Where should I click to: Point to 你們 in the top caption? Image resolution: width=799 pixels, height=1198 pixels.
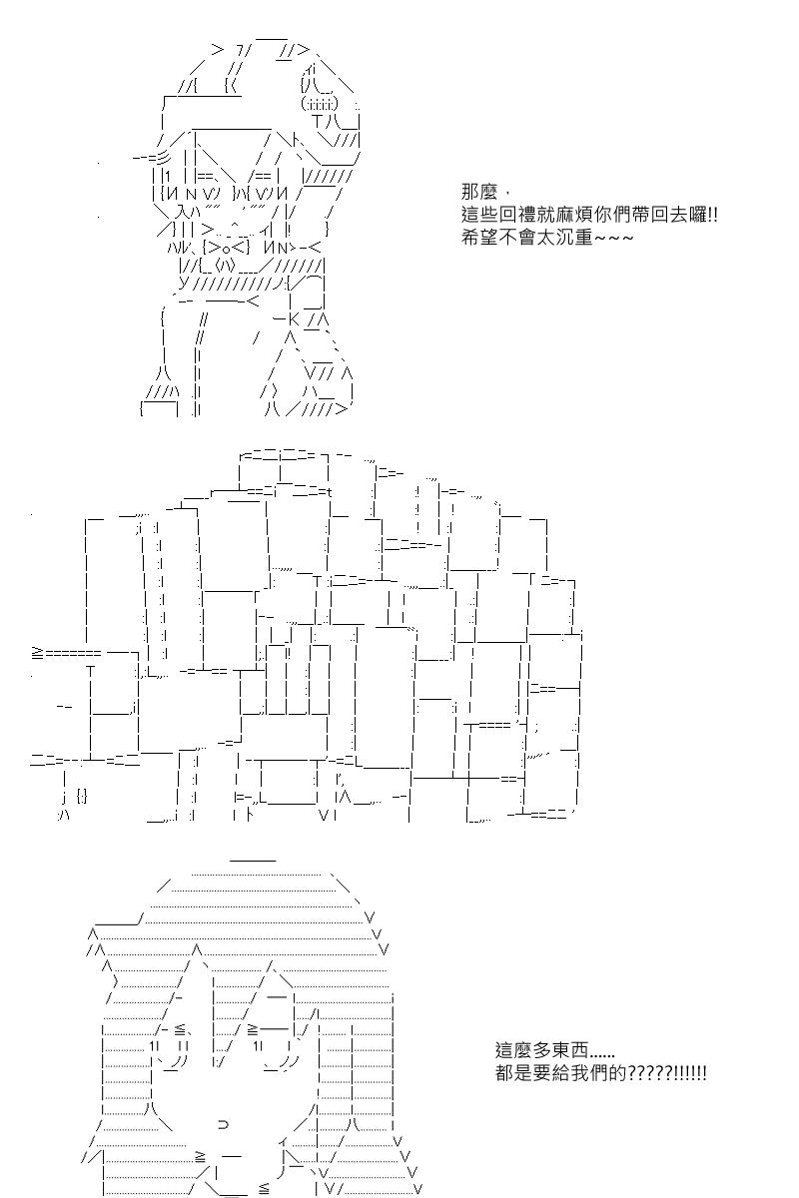click(635, 215)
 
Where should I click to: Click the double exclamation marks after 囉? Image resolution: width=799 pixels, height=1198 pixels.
click(712, 215)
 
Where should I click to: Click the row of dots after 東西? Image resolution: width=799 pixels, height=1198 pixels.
click(602, 1054)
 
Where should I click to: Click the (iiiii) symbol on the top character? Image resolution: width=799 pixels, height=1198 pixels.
click(320, 103)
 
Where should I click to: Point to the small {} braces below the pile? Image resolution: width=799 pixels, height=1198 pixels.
click(81, 796)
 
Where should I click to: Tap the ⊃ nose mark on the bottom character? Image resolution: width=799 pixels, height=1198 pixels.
click(222, 1124)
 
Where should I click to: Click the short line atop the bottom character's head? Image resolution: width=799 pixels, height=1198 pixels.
click(253, 859)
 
